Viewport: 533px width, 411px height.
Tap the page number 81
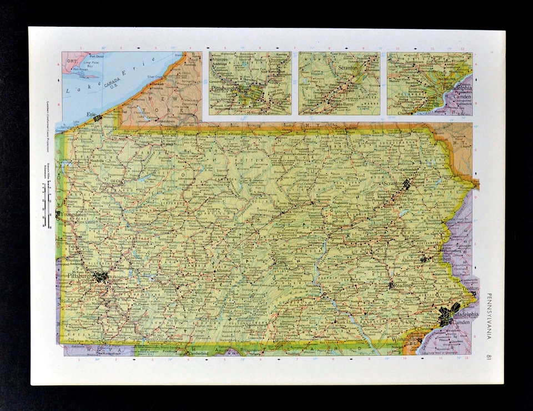tap(489, 357)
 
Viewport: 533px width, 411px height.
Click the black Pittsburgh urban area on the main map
tap(100, 276)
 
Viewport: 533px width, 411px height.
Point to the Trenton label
tap(471, 289)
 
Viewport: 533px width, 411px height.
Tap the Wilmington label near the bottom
tap(404, 339)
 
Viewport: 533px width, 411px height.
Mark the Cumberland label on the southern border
tap(198, 353)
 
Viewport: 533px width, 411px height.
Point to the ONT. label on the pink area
tap(71, 59)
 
